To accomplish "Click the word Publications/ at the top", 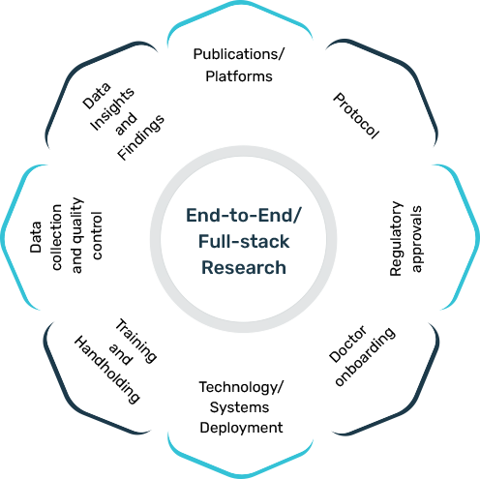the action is pos(239,54).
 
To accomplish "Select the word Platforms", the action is pos(239,76).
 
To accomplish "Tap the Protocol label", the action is pos(356,116).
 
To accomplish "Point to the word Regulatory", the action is pos(396,239).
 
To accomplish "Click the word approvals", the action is pos(416,239).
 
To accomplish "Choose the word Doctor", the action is pos(347,344).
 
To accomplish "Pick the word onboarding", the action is pos(365,357).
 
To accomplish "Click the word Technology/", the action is pos(241,387).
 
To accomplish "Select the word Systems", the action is pos(239,407).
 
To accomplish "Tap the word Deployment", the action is pos(241,428).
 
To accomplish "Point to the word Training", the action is pos(136,342).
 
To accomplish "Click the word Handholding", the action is pos(107,370).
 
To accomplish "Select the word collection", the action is pos(56,237).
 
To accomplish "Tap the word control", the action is pos(97,235).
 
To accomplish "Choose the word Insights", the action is pos(112,109).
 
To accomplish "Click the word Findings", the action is pos(140,137).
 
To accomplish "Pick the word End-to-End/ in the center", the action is pos(244,216).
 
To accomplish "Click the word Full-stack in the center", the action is pos(244,242).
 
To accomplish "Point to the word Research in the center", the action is pos(244,268).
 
